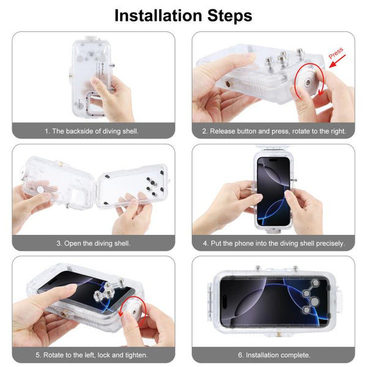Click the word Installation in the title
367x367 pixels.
pos(157,15)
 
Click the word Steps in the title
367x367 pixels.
pos(228,15)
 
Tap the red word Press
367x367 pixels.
pos(336,53)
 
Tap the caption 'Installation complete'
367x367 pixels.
pos(273,355)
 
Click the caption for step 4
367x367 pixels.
pos(273,243)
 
